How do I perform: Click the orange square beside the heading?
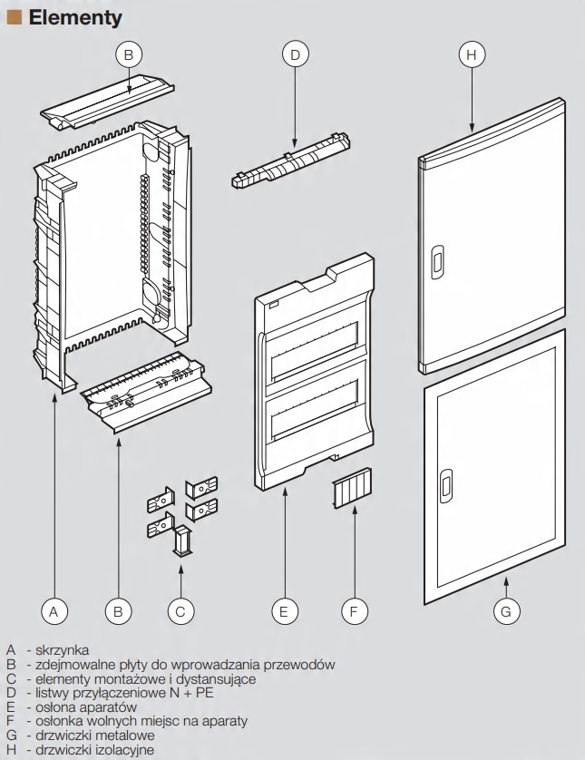tap(14, 17)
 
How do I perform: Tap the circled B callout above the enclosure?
tap(129, 55)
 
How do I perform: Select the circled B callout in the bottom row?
tap(117, 611)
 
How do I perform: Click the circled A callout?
tap(54, 611)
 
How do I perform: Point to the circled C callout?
tap(180, 611)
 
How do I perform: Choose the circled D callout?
tap(295, 55)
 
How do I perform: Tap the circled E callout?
tap(284, 611)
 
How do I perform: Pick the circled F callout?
tap(355, 611)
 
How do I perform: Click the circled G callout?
tap(506, 611)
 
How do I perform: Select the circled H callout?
tap(470, 55)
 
